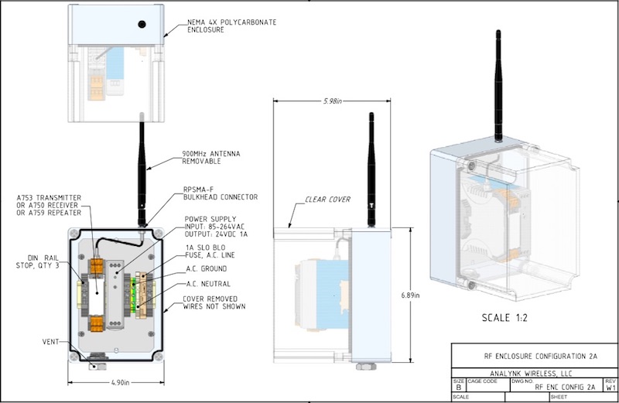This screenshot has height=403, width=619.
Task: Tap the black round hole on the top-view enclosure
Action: click(x=142, y=24)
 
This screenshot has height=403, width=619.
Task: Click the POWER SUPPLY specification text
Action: click(x=217, y=227)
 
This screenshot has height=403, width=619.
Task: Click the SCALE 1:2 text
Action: click(x=493, y=318)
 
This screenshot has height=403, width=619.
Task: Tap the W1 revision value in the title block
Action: click(x=610, y=389)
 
